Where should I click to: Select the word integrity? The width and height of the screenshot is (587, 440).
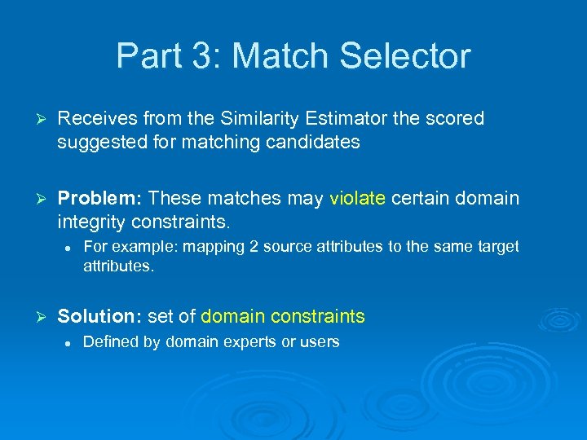click(90, 222)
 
